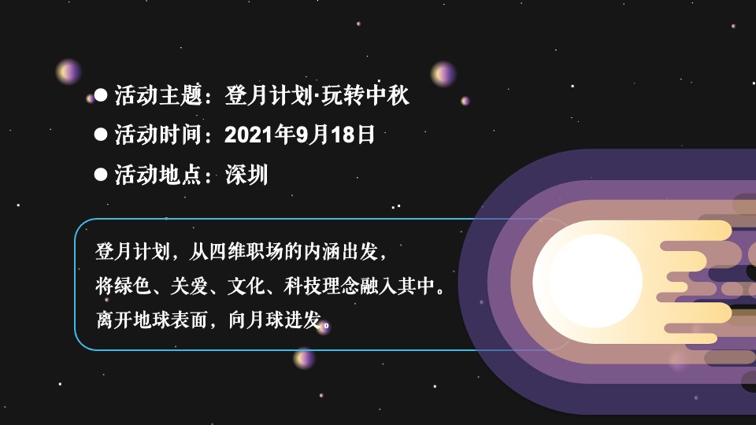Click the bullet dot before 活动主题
coord(100,96)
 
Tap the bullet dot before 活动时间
coord(100,135)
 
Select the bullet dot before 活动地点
coord(100,174)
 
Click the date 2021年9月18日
coord(299,135)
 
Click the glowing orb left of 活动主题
coord(69,72)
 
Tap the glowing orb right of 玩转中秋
coord(443,74)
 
